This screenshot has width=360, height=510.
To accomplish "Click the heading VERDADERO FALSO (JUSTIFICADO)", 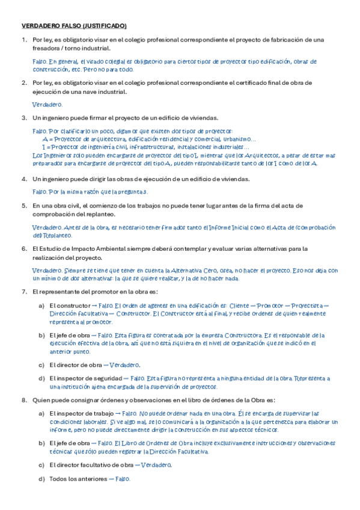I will point(74,26).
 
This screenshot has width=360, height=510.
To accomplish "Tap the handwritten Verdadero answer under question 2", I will point(46,104).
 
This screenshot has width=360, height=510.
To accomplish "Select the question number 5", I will point(23,206).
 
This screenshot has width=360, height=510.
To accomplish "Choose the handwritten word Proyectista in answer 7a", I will point(305,306).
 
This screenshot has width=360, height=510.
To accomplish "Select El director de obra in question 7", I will point(76,364).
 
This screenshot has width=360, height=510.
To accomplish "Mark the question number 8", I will point(23,400).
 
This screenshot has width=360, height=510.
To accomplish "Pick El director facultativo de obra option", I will point(91,465).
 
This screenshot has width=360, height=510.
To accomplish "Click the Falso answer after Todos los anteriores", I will point(123,479).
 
